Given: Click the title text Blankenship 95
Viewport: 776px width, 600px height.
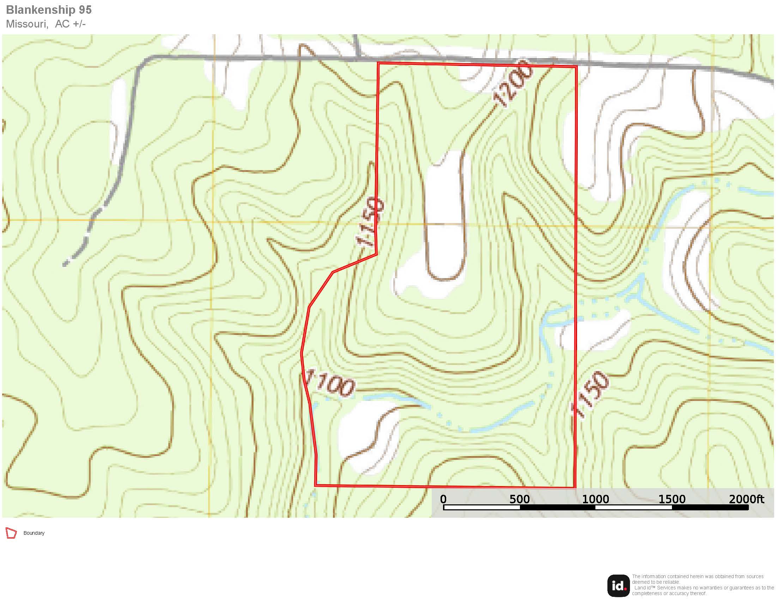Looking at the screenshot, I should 49,10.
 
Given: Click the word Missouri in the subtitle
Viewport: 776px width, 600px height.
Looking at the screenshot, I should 27,24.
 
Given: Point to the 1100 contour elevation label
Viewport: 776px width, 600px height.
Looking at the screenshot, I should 330,383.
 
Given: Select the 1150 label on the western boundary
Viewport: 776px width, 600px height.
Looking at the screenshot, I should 371,222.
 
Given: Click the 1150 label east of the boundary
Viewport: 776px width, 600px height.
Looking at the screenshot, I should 590,394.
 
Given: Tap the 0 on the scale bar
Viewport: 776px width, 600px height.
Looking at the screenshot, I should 443,499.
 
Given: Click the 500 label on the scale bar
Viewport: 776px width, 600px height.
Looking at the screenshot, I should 520,499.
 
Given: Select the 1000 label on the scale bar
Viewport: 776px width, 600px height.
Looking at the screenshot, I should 595,499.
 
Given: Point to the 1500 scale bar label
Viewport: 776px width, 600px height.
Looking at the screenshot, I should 672,499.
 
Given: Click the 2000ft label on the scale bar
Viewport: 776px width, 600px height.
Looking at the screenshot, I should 746,499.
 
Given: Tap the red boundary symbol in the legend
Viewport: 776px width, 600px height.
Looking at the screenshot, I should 11,533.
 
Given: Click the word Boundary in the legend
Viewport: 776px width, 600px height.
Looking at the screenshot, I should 34,533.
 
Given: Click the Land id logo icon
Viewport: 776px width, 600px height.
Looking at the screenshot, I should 618,586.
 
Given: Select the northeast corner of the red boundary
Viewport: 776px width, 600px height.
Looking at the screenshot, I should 576,66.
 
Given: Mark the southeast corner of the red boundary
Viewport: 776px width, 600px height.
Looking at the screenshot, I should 575,487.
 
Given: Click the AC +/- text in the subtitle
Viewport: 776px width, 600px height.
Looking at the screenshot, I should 70,24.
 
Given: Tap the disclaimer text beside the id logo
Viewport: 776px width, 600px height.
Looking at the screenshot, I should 702,585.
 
